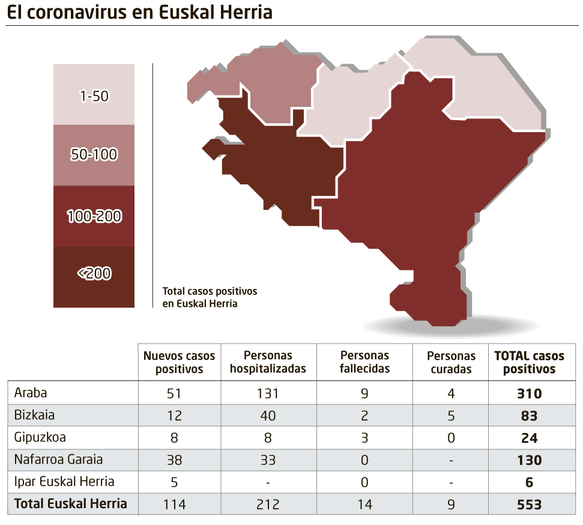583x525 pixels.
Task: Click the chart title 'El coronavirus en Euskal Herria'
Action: [139, 13]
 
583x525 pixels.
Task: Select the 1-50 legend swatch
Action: [94, 94]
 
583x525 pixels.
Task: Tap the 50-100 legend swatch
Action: [94, 155]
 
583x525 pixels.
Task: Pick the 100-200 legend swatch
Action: [94, 216]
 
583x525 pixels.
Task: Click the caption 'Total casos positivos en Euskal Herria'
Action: [210, 297]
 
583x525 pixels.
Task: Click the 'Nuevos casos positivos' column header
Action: [179, 362]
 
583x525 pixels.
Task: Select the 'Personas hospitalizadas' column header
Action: [268, 362]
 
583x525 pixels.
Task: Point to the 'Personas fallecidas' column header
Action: [364, 362]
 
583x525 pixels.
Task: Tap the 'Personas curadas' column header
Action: [451, 362]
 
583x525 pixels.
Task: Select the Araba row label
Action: [31, 393]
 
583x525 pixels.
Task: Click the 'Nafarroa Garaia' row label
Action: [58, 460]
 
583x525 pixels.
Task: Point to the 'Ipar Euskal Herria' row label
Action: [64, 482]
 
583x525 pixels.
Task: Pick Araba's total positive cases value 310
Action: [529, 394]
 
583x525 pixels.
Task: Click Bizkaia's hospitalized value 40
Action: [268, 416]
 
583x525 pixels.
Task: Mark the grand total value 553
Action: [529, 505]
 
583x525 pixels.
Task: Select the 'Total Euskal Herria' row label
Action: [70, 503]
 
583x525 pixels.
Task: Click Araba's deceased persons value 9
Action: [364, 394]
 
